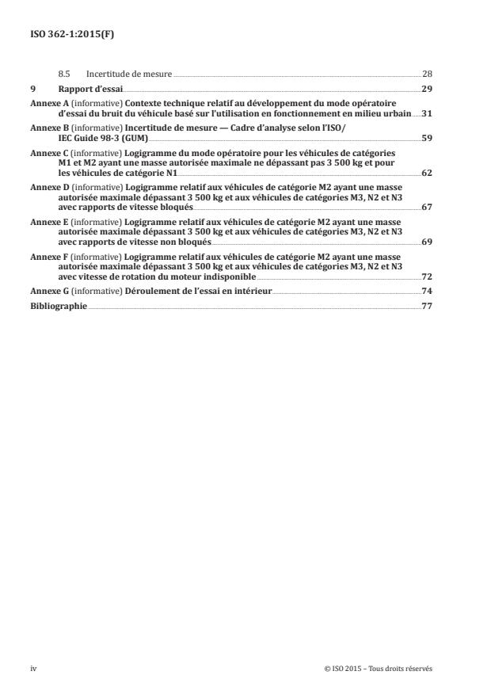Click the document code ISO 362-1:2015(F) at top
(x=68, y=35)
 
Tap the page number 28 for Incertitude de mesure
(x=426, y=74)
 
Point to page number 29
(x=426, y=89)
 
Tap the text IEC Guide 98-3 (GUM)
(x=92, y=137)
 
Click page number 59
(x=426, y=137)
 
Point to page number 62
(x=426, y=171)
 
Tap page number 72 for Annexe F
(x=426, y=277)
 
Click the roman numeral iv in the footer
(x=33, y=668)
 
